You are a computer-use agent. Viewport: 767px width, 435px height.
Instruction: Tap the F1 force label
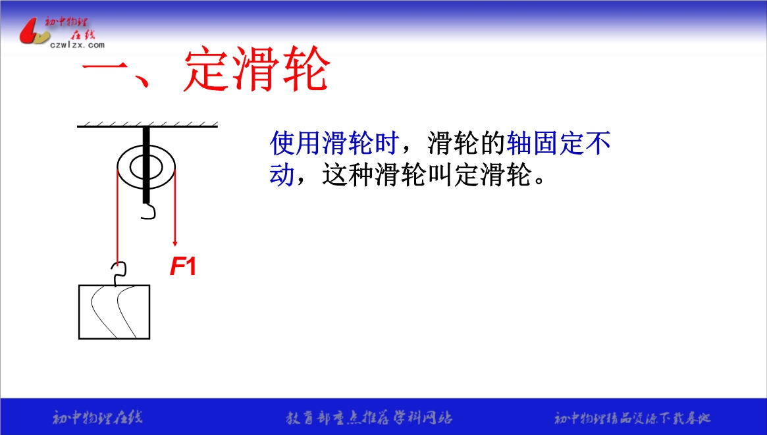pos(183,267)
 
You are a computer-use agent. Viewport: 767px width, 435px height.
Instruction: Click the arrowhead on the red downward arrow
pos(174,242)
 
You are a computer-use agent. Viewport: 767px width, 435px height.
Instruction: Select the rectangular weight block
pos(115,312)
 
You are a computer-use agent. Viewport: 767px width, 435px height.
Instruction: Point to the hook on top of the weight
pos(119,274)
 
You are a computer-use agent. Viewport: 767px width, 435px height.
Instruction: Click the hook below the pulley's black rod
pos(149,211)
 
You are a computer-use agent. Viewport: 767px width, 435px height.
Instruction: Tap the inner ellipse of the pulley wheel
pos(145,167)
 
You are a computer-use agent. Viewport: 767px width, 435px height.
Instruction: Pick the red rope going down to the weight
pos(117,215)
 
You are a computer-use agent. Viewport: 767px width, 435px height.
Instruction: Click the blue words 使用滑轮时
pos(334,143)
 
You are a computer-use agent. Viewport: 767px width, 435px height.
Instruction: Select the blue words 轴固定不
pos(558,143)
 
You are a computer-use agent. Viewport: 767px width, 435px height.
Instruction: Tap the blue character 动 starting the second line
pos(282,174)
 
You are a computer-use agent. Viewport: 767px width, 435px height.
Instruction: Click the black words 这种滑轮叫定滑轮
pos(427,174)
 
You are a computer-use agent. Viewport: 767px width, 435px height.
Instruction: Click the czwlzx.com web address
pos(77,45)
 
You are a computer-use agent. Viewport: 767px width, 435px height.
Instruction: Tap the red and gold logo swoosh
pos(34,32)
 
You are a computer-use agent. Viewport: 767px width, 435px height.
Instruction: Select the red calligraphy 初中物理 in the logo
pos(66,22)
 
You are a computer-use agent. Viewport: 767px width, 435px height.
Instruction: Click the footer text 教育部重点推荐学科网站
pos(369,418)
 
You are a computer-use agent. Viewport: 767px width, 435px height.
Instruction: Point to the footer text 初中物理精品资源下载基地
pos(632,418)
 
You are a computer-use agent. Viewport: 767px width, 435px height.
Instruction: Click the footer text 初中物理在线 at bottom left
pos(97,418)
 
